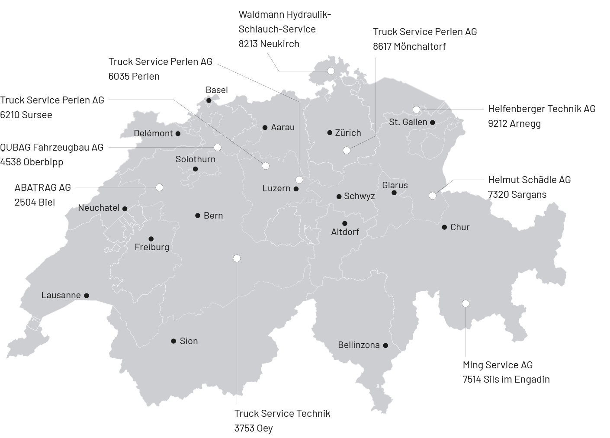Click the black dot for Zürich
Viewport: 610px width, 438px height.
[x=330, y=133]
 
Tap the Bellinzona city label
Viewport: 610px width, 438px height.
[x=359, y=345]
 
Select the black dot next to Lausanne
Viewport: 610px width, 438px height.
[x=87, y=296]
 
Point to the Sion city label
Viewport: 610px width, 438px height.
[x=189, y=341]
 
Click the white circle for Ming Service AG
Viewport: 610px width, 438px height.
[x=466, y=303]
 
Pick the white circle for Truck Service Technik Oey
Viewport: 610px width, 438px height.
[x=237, y=258]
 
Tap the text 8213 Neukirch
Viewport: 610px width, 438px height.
[x=269, y=44]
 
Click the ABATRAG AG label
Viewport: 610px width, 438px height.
[x=42, y=187]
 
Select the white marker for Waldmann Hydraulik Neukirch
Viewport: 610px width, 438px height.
[x=331, y=71]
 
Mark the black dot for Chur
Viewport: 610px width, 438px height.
[x=444, y=227]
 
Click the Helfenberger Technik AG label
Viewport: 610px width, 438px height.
[x=542, y=109]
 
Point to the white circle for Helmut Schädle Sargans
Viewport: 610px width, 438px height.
[x=432, y=196]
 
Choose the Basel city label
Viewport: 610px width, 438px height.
[x=216, y=90]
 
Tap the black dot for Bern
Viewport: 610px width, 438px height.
[x=198, y=216]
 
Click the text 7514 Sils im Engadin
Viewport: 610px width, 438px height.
[x=506, y=380]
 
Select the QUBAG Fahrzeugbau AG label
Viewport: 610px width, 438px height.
[x=52, y=147]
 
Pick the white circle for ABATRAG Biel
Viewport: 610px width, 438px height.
[x=159, y=187]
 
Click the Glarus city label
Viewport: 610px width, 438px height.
[x=395, y=185]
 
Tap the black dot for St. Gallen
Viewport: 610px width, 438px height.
[x=432, y=122]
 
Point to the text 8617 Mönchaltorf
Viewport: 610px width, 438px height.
[x=409, y=46]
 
